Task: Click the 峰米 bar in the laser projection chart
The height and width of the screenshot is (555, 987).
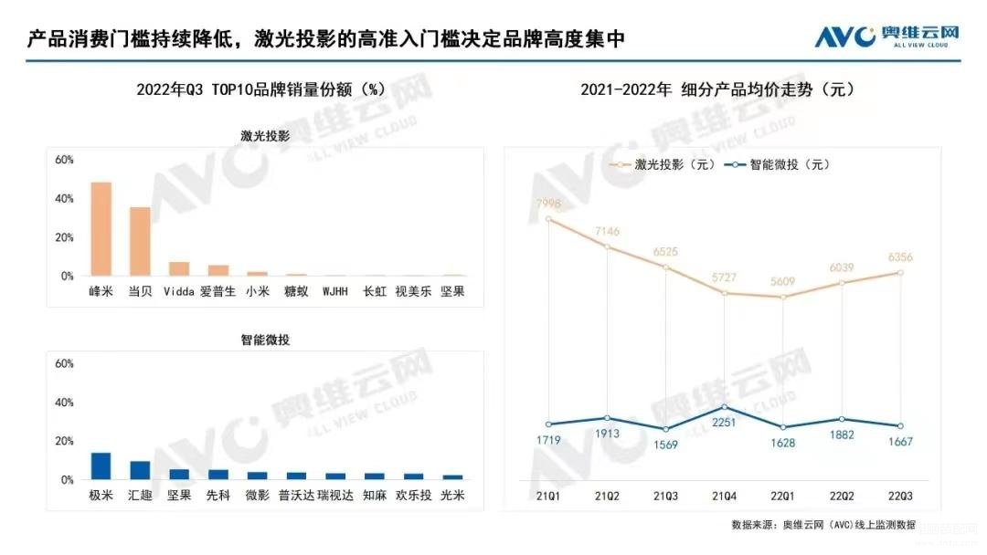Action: pyautogui.click(x=101, y=229)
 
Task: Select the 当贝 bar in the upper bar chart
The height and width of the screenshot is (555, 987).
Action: pyautogui.click(x=140, y=242)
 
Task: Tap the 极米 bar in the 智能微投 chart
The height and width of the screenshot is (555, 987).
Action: pyautogui.click(x=101, y=466)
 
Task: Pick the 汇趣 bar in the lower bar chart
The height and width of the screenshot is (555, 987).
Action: pyautogui.click(x=140, y=470)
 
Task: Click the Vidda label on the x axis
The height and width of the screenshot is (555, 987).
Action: pyautogui.click(x=179, y=292)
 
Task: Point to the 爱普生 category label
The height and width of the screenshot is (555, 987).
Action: pyautogui.click(x=218, y=292)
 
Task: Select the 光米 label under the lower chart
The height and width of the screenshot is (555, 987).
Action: pyautogui.click(x=452, y=497)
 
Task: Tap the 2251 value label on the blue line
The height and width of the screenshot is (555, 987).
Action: pyautogui.click(x=725, y=422)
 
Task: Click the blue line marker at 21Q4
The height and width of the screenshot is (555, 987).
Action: pyautogui.click(x=725, y=407)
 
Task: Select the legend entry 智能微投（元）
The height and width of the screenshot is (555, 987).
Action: pyautogui.click(x=777, y=165)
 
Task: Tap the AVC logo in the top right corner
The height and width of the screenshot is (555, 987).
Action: pyautogui.click(x=886, y=37)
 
